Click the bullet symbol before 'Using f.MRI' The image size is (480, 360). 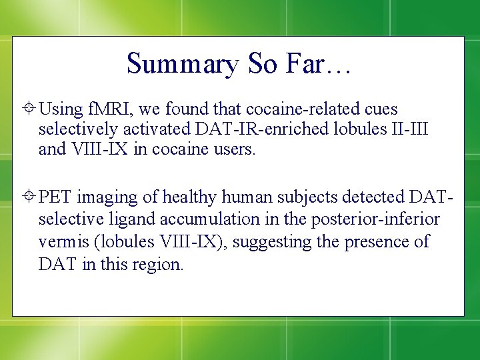pyautogui.click(x=31, y=109)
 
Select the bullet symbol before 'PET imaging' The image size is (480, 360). pyautogui.click(x=31, y=197)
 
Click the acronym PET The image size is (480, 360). pyautogui.click(x=55, y=197)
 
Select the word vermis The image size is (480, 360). pyautogui.click(x=64, y=241)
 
